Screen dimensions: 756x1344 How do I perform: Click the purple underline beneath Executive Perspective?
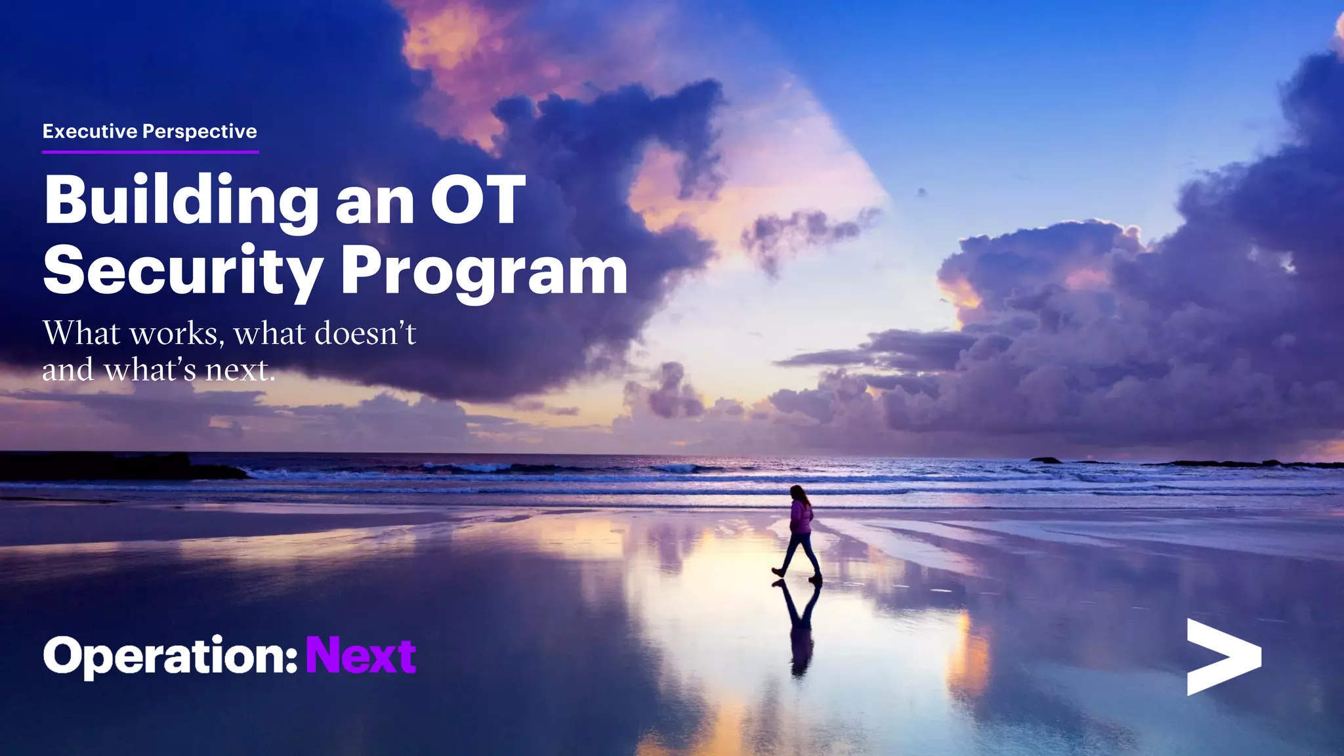point(150,152)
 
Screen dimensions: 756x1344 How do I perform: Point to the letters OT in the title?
point(478,200)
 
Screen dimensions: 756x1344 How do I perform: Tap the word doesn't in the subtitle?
point(365,333)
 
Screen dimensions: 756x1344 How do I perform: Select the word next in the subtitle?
point(238,370)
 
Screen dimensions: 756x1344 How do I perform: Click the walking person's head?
point(798,492)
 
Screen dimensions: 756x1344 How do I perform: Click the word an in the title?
point(374,205)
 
